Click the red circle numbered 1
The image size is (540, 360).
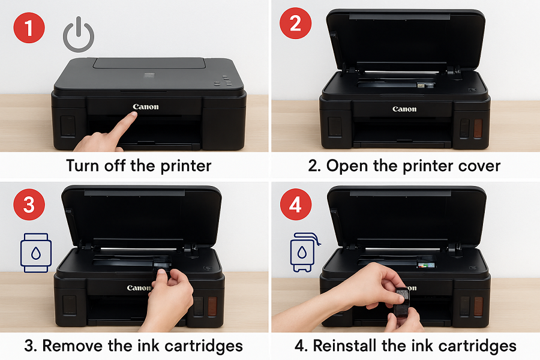(29, 28)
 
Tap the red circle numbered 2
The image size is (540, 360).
(295, 23)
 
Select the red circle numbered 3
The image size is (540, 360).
(29, 204)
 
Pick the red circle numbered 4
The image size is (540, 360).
(296, 204)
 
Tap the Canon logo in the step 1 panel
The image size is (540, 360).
(146, 107)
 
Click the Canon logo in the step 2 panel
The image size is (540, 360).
(404, 109)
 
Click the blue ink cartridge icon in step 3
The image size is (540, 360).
(36, 253)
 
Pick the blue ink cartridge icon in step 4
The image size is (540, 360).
(304, 252)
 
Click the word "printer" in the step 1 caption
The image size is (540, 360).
(186, 166)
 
